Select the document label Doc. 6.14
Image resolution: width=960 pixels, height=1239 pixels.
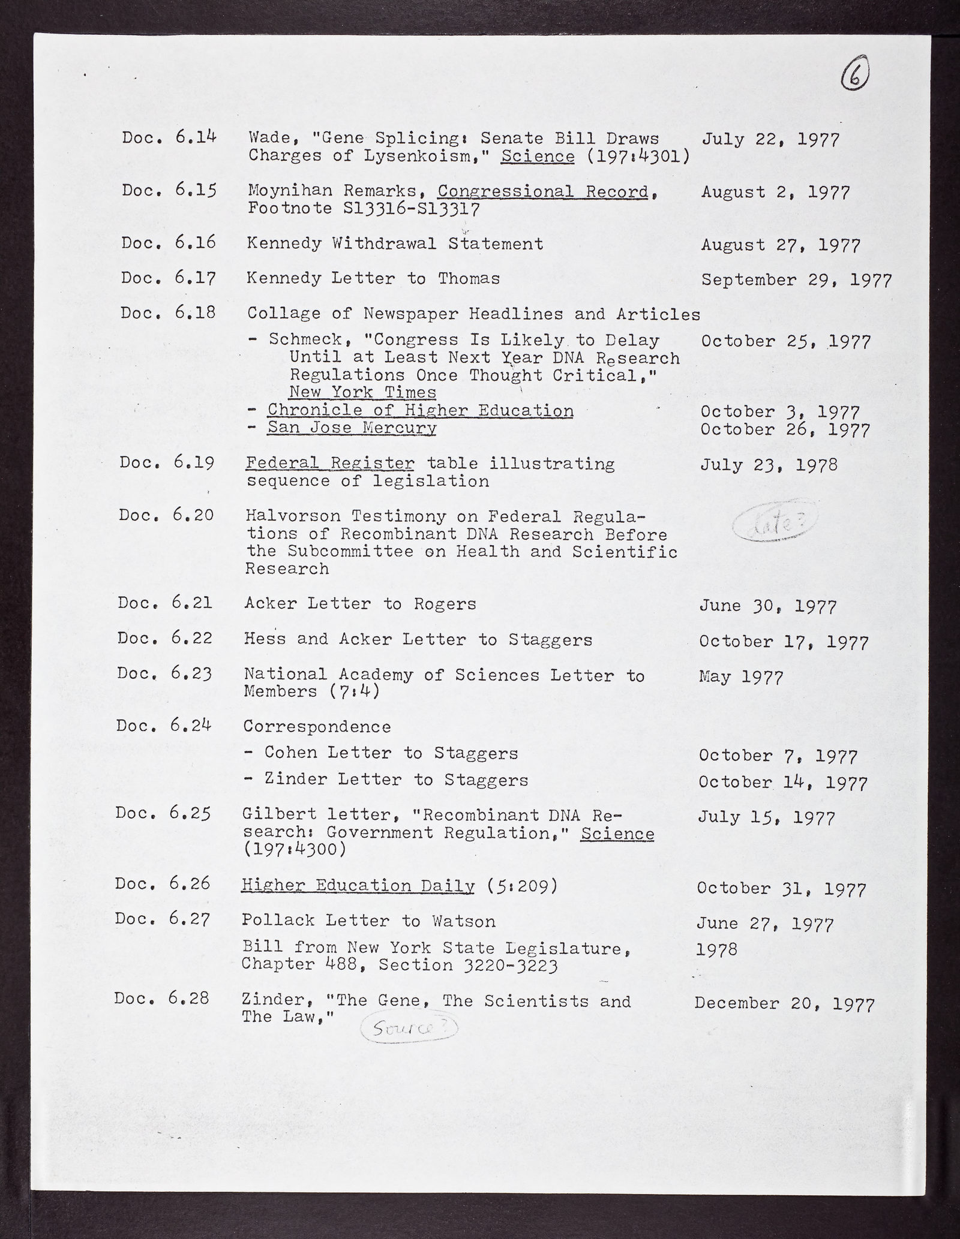pyautogui.click(x=169, y=138)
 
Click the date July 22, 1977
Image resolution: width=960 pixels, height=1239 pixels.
pyautogui.click(x=770, y=140)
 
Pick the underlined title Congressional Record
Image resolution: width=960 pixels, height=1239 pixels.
pyautogui.click(x=544, y=192)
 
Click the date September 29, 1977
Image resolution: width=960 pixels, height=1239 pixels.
pyautogui.click(x=796, y=280)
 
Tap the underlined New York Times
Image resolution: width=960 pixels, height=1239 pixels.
pyautogui.click(x=362, y=393)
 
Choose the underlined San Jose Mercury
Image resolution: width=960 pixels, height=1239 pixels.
pyautogui.click(x=352, y=428)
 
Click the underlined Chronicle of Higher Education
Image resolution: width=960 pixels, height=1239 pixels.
pyautogui.click(x=420, y=411)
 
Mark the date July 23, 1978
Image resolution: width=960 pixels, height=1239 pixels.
pyautogui.click(x=769, y=465)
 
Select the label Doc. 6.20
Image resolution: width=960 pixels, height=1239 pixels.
pyautogui.click(x=166, y=515)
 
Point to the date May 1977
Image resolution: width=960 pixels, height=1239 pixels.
pyautogui.click(x=741, y=678)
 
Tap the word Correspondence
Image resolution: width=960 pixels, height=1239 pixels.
pyautogui.click(x=317, y=727)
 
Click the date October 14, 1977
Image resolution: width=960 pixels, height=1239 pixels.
pyautogui.click(x=783, y=783)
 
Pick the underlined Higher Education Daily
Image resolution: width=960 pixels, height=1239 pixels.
pyautogui.click(x=358, y=886)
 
